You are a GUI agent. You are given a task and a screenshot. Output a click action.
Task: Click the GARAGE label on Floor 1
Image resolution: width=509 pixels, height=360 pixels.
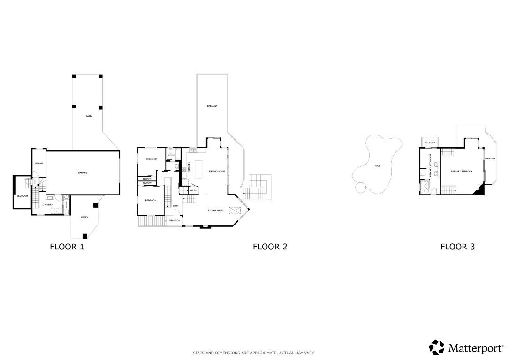tap(83, 173)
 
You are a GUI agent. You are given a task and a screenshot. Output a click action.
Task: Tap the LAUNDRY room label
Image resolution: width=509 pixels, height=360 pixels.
tap(47, 204)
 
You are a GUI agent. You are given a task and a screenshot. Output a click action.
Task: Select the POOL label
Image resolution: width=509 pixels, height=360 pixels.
tap(378, 166)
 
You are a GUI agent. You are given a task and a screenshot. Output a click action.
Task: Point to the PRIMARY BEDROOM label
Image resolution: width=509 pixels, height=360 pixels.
tap(462, 172)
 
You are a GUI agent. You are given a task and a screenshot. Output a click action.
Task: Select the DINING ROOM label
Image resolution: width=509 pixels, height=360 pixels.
tap(217, 172)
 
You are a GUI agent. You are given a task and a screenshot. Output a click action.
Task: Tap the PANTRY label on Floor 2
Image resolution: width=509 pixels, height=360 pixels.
tap(193, 190)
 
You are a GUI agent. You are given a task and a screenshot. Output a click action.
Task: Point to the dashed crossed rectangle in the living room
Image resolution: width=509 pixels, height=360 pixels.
tap(235, 210)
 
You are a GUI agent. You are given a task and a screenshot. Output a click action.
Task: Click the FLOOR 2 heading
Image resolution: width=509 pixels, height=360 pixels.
tap(270, 247)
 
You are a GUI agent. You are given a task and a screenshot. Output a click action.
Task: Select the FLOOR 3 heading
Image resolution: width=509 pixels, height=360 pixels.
tap(457, 247)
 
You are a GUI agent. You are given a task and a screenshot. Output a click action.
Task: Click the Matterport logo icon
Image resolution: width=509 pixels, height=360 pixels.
tap(437, 347)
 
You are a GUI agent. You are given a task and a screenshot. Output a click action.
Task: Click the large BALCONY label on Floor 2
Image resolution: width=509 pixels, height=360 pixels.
tap(212, 106)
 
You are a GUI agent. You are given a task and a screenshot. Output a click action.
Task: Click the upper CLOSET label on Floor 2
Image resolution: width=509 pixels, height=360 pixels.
tap(147, 179)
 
